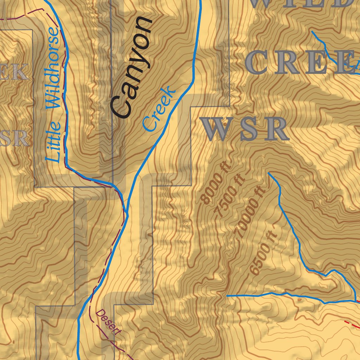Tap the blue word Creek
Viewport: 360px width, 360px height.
pos(159,109)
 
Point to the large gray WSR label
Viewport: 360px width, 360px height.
pos(245,129)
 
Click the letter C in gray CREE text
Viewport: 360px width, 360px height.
pos(259,63)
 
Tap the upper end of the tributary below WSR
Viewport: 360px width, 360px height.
pos(269,173)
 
